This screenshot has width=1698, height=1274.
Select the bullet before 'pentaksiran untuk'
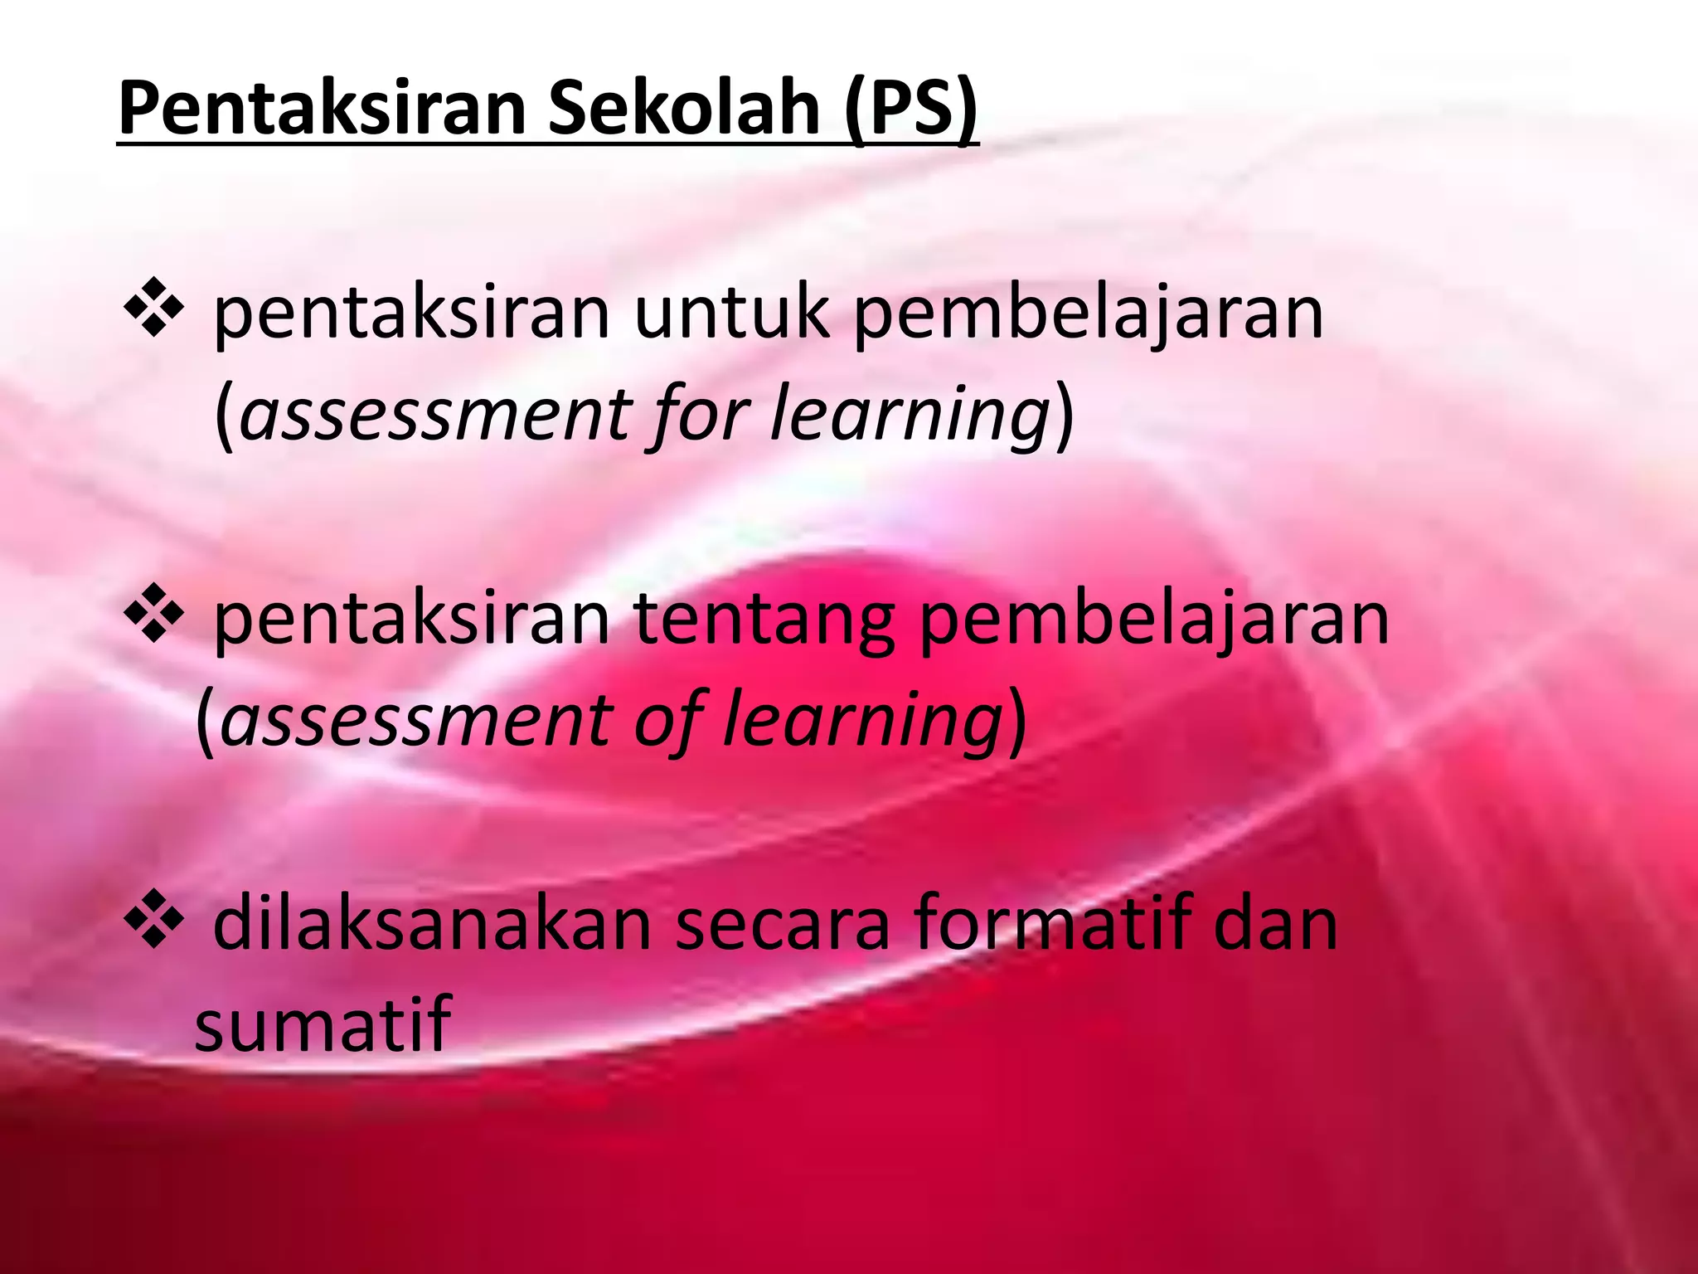pyautogui.click(x=153, y=315)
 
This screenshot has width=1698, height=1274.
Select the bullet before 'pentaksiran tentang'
pyautogui.click(x=153, y=619)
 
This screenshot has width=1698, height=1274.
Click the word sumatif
pyautogui.click(x=323, y=1023)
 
